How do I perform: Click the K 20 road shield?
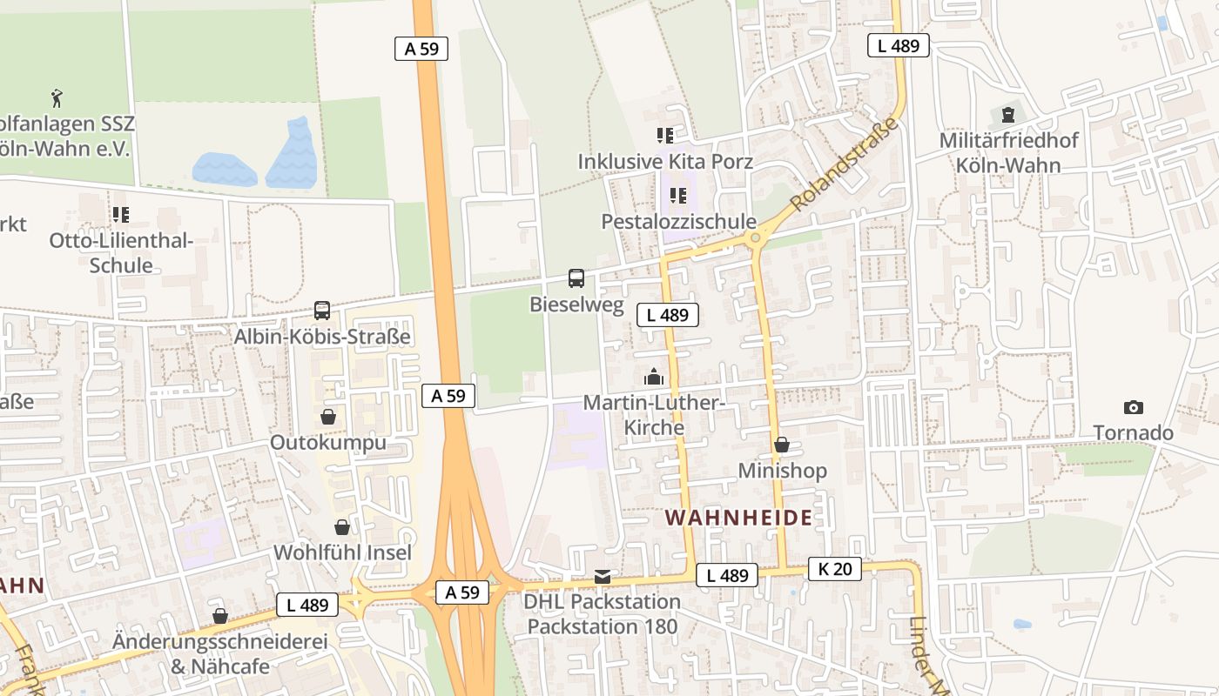click(834, 569)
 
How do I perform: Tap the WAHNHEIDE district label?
click(739, 518)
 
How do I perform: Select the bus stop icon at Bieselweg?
click(576, 278)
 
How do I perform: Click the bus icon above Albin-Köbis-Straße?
click(322, 311)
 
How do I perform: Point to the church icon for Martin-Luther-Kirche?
click(653, 377)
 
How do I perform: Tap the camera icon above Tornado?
click(1133, 407)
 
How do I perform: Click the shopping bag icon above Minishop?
click(782, 445)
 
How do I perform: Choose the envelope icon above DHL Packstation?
click(603, 576)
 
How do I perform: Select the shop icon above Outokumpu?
click(328, 417)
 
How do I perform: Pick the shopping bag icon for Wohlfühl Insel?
click(342, 527)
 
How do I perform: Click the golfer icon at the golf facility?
click(57, 97)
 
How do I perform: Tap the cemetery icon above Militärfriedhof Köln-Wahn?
click(1008, 114)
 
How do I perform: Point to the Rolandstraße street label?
click(844, 164)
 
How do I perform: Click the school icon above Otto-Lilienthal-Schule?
click(121, 214)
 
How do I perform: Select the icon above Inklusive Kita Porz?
click(665, 135)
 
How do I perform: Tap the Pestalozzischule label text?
click(678, 222)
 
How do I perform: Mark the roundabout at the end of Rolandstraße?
click(755, 238)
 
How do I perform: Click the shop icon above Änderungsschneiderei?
click(220, 616)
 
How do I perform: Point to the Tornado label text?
click(1133, 433)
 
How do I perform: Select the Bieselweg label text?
click(576, 304)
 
